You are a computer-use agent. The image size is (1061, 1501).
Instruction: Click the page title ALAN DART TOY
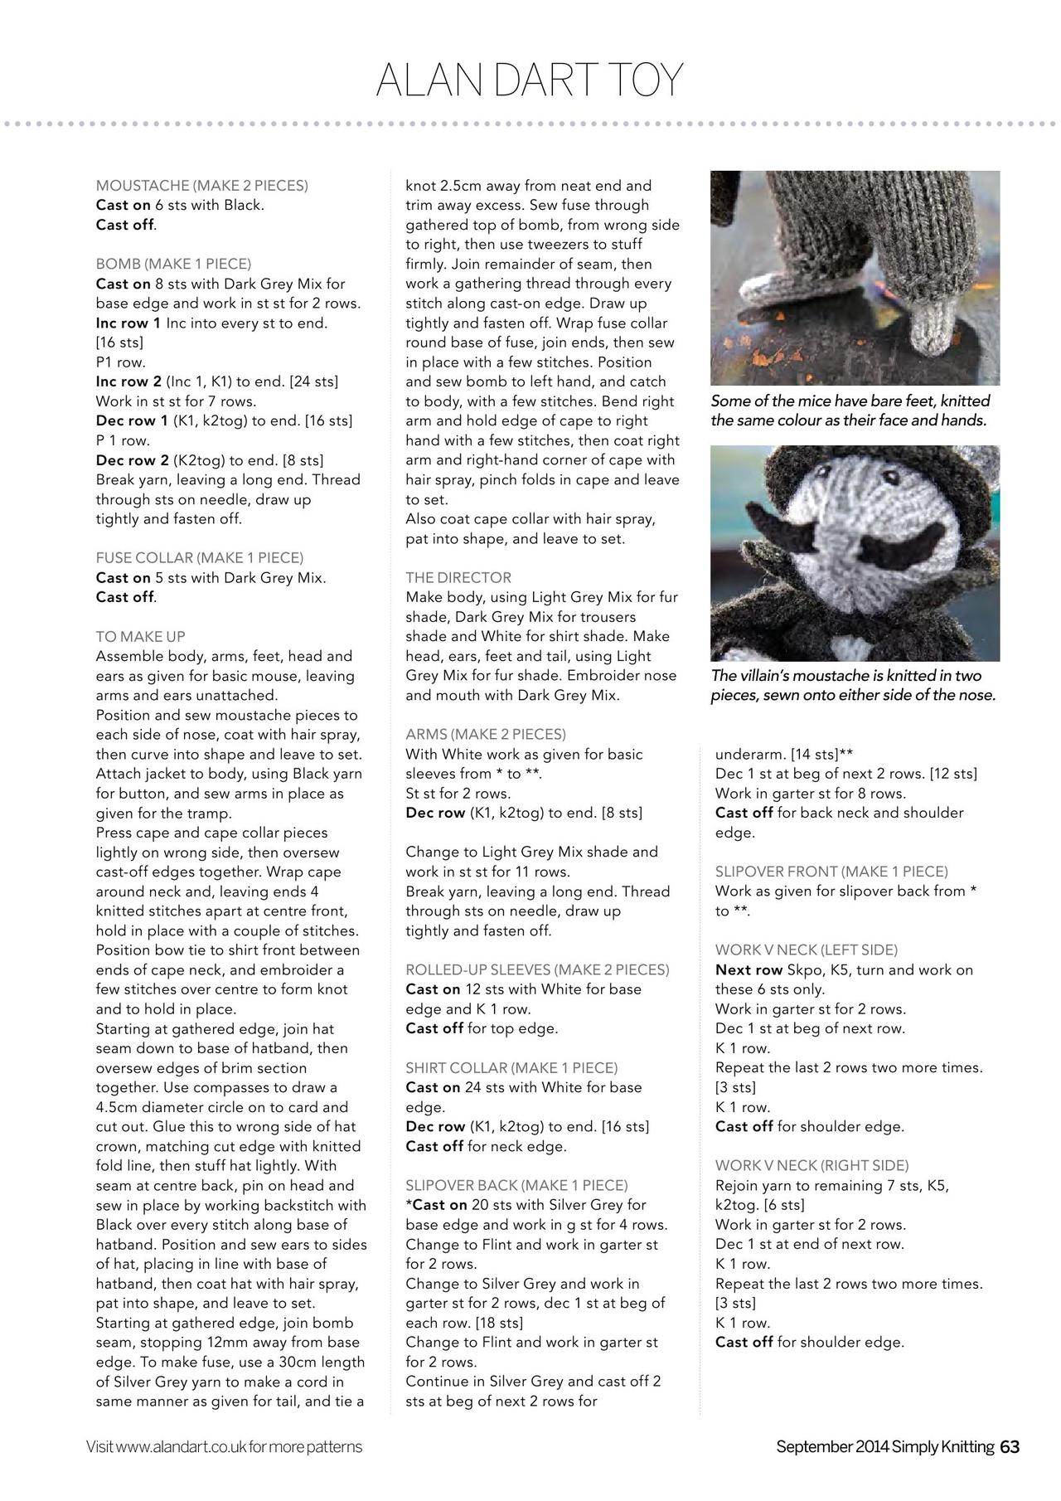coord(530,80)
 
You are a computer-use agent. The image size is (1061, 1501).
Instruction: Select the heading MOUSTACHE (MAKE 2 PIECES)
coord(201,186)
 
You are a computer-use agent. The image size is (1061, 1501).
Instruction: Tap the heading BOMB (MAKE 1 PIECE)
coord(173,264)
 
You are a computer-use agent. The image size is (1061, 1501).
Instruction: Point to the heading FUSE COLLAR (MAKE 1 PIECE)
coord(200,557)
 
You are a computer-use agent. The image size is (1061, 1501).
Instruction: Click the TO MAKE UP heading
coord(141,637)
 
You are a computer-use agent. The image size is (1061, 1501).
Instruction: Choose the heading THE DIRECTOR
coord(458,577)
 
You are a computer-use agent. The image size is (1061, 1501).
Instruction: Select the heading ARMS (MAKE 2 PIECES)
coord(486,734)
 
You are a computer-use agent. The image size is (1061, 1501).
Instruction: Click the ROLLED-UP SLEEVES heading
coord(537,969)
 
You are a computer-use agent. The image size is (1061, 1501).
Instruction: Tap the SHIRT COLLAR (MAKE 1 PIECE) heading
coord(511,1067)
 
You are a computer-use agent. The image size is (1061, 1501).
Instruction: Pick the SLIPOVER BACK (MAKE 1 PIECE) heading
coord(516,1185)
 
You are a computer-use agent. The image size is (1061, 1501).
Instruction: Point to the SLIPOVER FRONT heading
coord(831,872)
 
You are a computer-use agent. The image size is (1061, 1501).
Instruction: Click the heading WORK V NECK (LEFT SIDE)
coord(807,950)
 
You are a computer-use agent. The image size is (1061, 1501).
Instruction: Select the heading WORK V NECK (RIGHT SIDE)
coord(811,1165)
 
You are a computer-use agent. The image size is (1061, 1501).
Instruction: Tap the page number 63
coord(1010,1447)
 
